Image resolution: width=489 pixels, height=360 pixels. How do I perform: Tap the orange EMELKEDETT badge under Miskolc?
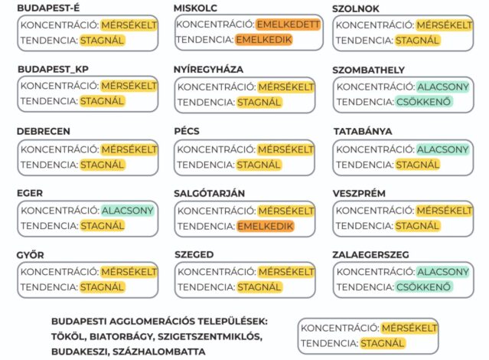point(289,25)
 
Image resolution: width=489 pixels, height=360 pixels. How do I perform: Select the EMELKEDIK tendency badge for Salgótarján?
point(266,226)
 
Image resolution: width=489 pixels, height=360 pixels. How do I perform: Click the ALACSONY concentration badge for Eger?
point(128,210)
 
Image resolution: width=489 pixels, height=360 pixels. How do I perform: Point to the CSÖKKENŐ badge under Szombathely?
point(423,102)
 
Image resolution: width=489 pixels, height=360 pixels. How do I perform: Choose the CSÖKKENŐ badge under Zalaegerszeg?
point(423,287)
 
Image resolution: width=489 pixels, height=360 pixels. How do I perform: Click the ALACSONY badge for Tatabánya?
point(443,149)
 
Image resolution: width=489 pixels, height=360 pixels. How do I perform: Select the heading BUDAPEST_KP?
point(53,70)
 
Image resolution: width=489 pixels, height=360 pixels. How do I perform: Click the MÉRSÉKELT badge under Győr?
point(129,272)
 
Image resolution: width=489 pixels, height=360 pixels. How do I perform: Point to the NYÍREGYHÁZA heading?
point(209,70)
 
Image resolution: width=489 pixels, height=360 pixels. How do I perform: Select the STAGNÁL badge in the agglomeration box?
point(383,343)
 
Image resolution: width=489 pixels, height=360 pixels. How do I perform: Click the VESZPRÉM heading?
point(360,193)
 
